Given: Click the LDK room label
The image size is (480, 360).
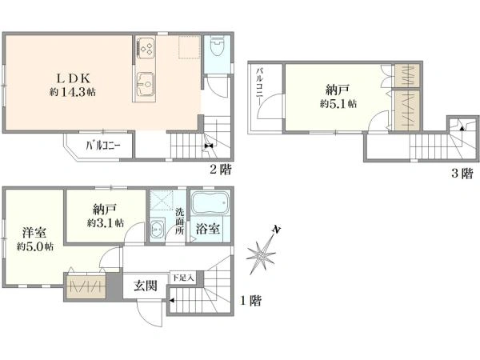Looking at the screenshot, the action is coord(74,78).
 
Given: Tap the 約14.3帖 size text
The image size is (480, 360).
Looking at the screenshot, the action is coord(73,92).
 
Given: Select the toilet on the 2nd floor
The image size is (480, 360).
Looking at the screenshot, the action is coord(218,46).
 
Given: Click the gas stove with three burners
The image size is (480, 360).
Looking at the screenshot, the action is coord(146,47).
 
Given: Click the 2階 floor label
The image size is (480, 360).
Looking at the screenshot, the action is coord(221,169).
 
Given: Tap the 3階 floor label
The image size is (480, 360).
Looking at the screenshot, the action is coord(462,174).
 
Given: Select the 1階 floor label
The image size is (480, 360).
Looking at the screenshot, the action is coord(250,300).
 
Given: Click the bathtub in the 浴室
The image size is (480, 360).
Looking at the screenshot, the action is coord(210,203).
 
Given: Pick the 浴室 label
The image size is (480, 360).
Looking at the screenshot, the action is coord(208,229).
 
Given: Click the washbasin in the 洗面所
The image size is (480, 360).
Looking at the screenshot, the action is coord(158,228).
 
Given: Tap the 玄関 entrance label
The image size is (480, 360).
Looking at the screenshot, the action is coord(146,286).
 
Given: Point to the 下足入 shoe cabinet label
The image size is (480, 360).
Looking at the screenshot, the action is coord(182,278).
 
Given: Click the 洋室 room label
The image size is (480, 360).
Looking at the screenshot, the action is coord(34,233).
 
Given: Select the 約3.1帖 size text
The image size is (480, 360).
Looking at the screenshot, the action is coord(106,222).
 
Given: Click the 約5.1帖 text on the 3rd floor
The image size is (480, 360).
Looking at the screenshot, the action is coord(338,104).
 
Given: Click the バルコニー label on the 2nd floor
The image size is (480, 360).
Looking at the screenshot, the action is coord(103,145).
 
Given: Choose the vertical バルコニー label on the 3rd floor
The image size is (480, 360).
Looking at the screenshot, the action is coord(259,87).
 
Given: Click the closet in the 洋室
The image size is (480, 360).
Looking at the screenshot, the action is coord(86,286).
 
